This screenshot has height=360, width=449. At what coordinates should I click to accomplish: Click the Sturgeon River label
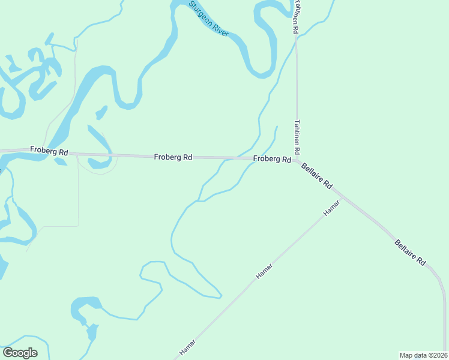pos(209,19)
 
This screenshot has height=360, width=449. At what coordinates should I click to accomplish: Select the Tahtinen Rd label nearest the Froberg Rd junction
pos(297,135)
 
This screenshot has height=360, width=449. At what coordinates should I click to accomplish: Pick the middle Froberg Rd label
pos(173,157)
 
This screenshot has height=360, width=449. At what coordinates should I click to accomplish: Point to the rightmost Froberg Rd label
pos(272,159)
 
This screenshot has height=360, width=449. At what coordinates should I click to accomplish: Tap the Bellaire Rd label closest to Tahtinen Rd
pos(316,176)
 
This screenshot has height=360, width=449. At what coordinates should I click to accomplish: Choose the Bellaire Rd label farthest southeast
pos(411,253)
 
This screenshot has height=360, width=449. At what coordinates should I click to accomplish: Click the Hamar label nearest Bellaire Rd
pos(331,208)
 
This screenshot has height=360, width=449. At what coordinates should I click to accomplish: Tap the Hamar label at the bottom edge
pos(188,348)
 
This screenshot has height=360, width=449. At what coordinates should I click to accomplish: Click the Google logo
pos(20,353)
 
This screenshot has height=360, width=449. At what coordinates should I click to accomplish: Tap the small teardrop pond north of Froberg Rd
pos(101,113)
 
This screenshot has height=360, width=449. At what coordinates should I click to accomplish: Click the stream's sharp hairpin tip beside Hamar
pos(221,296)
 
